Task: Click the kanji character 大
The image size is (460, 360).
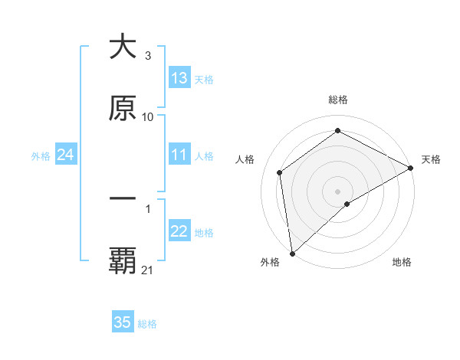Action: coord(123,47)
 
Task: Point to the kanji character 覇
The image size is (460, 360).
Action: coord(123,261)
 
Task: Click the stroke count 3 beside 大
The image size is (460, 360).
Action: coord(147,56)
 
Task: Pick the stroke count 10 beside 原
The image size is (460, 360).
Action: coord(148,116)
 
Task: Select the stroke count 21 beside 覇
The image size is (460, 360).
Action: coord(148,270)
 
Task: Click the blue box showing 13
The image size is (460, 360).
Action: coord(179,78)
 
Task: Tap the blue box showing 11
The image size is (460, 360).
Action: coord(179,155)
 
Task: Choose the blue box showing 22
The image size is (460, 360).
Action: coord(179,232)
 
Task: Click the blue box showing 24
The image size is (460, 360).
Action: coord(65,155)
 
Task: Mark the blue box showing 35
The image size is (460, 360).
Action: coord(123,322)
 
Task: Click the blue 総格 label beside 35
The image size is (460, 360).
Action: coord(147,324)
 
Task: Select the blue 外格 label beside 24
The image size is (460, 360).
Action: coord(41,156)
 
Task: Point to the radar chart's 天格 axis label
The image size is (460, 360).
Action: coord(431,159)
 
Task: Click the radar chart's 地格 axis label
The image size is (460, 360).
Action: coord(402,262)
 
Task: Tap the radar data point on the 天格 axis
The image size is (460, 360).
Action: coord(411,168)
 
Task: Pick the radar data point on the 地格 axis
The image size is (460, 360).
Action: coord(347,204)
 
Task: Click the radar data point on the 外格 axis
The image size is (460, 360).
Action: coord(292,253)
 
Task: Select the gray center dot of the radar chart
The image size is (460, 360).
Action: coord(337,191)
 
